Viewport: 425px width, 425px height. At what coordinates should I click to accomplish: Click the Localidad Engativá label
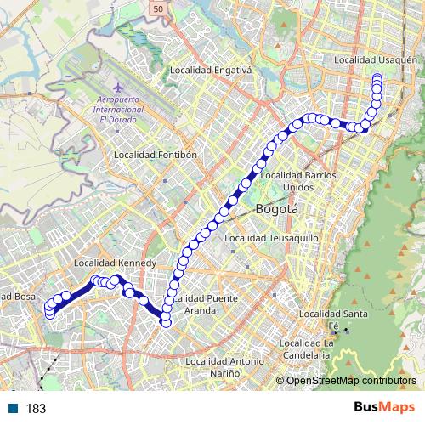(x=211, y=71)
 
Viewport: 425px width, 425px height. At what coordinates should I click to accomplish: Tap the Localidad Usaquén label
(x=376, y=60)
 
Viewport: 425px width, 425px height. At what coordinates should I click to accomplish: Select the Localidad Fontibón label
(x=155, y=156)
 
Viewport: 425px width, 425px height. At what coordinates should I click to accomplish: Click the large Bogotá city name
(x=275, y=208)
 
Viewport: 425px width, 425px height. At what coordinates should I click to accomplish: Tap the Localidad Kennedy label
(x=114, y=263)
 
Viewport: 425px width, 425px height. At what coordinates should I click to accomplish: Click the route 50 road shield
(x=159, y=7)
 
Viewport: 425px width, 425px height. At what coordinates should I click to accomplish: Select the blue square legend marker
(x=13, y=408)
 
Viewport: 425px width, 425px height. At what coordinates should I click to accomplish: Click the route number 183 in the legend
(x=37, y=409)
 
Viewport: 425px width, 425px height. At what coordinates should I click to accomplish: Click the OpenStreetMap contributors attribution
(x=351, y=381)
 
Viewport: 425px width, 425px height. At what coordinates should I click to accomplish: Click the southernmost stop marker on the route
(x=166, y=322)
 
